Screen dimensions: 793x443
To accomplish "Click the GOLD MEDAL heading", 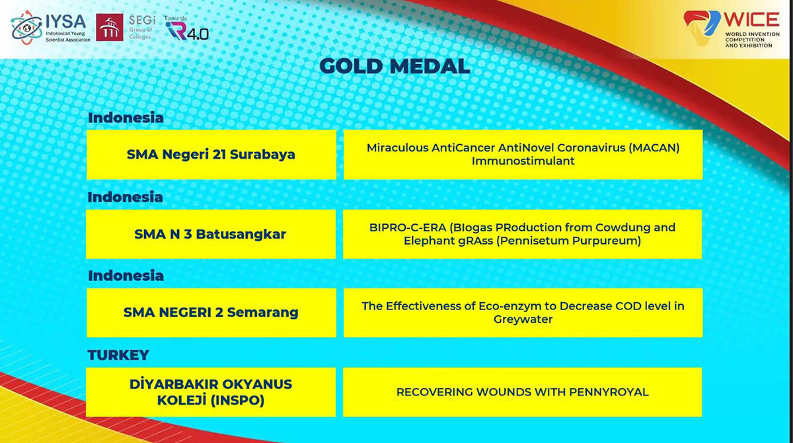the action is (395, 66).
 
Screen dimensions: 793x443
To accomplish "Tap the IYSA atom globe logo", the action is (26, 28).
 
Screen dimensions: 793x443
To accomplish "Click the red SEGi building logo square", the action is (110, 27).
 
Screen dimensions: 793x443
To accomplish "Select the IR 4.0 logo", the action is (187, 28).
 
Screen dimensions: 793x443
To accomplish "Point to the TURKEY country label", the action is (118, 355).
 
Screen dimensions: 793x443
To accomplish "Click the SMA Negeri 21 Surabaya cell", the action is (211, 155).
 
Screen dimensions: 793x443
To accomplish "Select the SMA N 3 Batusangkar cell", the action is (211, 234).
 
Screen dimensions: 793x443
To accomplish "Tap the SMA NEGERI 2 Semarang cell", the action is (211, 313).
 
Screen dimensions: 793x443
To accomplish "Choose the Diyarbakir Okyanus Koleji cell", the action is (211, 392).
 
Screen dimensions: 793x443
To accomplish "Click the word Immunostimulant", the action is (523, 161).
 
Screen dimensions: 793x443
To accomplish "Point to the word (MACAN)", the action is (654, 147).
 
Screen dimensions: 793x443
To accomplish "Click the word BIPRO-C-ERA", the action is (408, 227).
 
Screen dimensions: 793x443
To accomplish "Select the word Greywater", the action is (523, 319).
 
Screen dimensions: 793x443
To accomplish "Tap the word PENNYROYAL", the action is (609, 392).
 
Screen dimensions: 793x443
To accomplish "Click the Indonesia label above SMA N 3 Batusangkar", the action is (126, 197).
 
